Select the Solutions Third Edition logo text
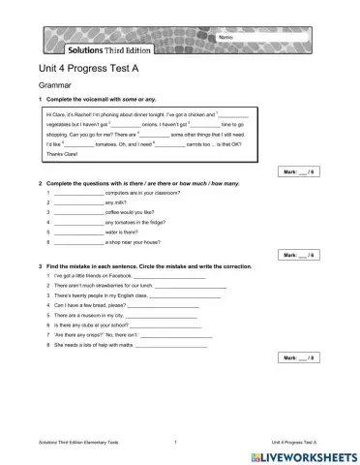tap(107, 48)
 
